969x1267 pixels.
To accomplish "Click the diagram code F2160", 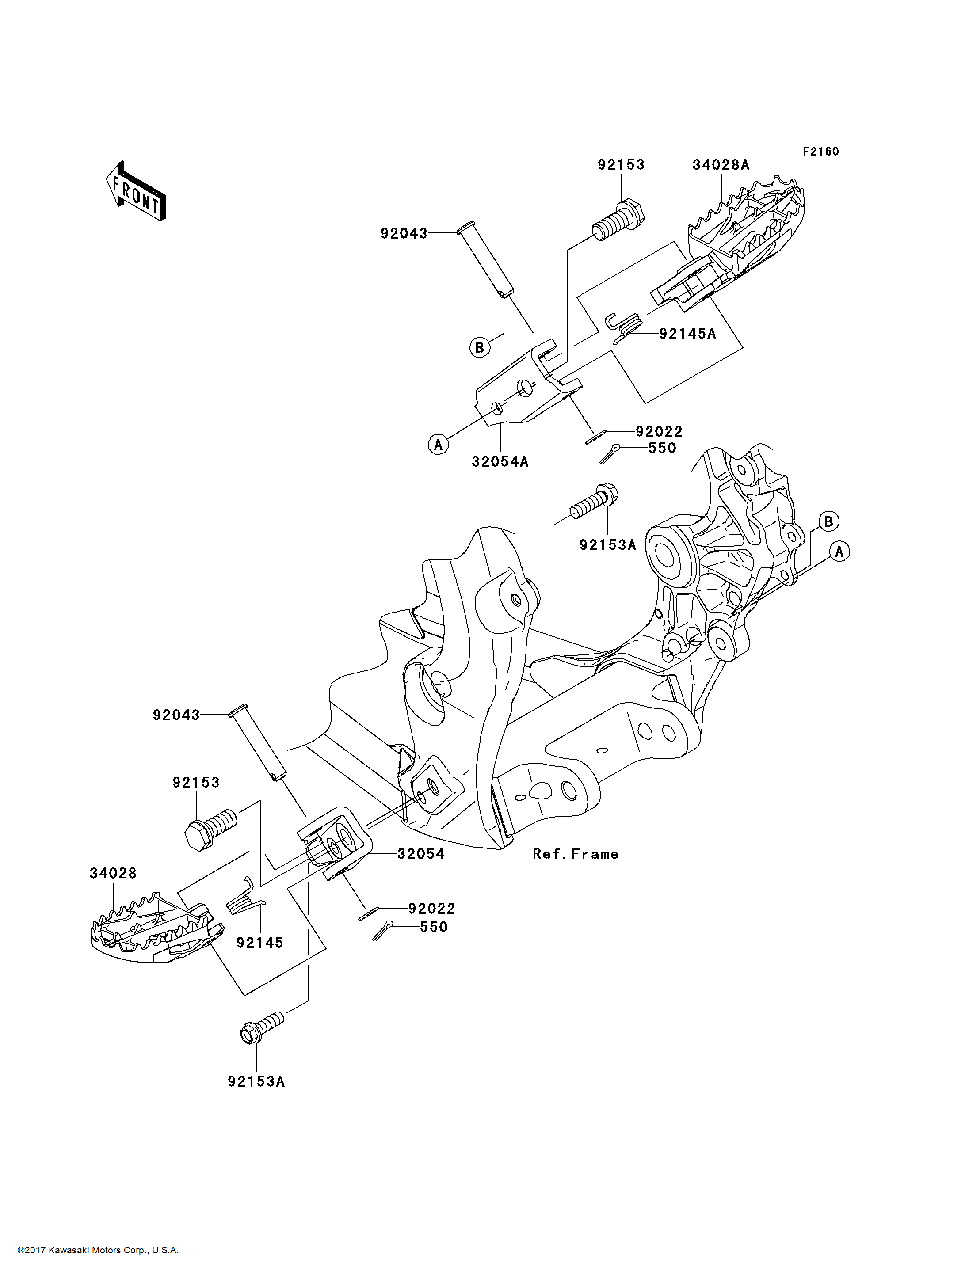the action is [x=821, y=152].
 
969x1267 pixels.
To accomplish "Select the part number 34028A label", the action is [x=721, y=165].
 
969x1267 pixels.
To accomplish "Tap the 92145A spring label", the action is [x=687, y=334].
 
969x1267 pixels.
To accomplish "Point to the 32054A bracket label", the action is [x=500, y=462].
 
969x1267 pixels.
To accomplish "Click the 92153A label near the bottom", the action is [x=256, y=1082].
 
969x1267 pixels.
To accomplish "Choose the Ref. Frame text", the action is [x=575, y=854].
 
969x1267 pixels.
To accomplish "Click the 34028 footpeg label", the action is [x=113, y=873].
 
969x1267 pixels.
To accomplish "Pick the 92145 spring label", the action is [x=259, y=943].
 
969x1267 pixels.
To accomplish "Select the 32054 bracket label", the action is [x=421, y=854].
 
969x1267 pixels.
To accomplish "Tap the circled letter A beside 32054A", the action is [x=439, y=445].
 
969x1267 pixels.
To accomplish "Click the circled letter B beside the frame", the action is [x=828, y=521].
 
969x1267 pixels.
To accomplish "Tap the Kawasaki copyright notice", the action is [x=98, y=1250].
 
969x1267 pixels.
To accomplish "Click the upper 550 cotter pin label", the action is [x=662, y=448].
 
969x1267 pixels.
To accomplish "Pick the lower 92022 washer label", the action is [x=431, y=909].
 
